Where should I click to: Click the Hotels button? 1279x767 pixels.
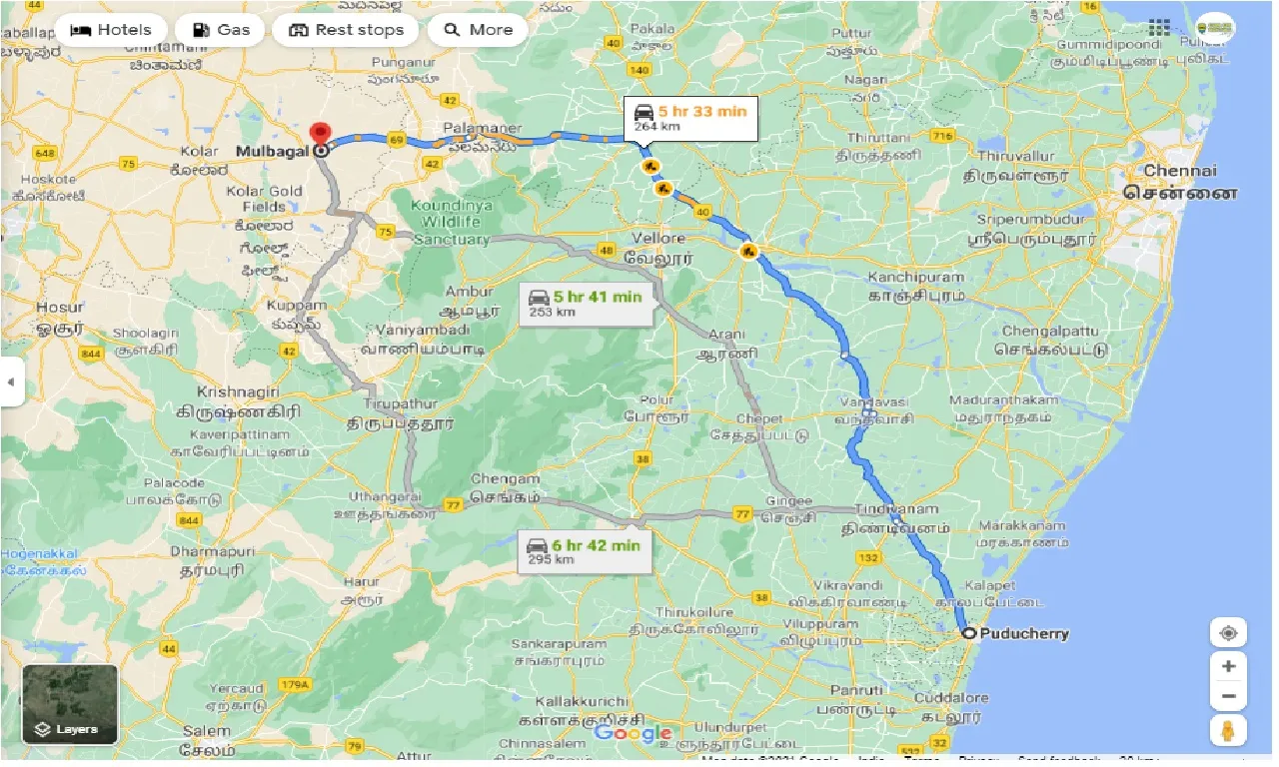point(110,30)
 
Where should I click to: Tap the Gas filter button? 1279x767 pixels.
point(220,30)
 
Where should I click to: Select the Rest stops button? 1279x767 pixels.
point(346,30)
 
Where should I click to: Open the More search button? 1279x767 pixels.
point(478,30)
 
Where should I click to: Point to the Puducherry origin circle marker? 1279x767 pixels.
point(967,633)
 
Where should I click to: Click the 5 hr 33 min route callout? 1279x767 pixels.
point(689,118)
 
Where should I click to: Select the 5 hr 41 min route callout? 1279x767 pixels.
point(586,303)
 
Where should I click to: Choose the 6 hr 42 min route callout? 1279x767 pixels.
point(585,551)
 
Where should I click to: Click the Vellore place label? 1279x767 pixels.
point(658,239)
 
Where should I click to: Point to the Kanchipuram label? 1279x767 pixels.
point(915,277)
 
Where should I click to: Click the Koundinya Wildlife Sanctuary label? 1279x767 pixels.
point(451,221)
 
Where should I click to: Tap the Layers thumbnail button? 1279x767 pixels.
point(70,705)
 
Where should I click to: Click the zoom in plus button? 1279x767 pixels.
point(1228,666)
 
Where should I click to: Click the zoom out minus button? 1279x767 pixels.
point(1228,696)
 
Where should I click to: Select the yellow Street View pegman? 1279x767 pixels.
point(1228,730)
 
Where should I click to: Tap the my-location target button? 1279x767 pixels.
point(1228,633)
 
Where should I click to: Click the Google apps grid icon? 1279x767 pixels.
point(1159,27)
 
